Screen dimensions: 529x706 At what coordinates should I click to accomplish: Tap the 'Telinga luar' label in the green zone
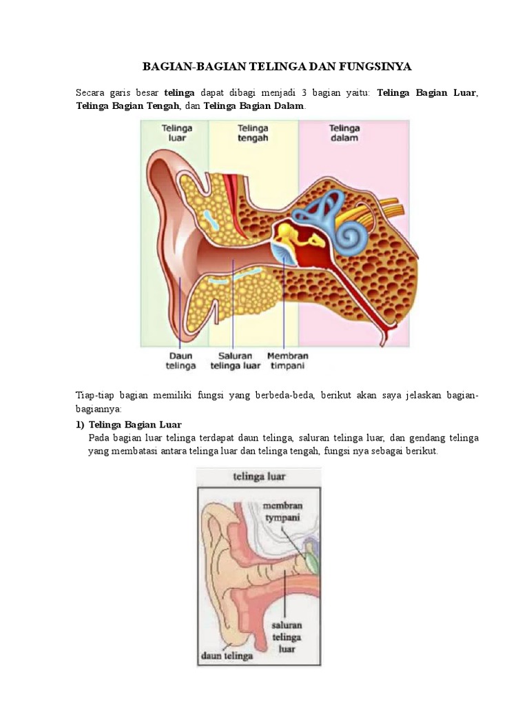177,132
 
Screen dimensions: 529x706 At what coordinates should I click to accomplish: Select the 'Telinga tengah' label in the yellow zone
253,132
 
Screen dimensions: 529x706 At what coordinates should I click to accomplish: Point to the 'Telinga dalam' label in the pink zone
344,132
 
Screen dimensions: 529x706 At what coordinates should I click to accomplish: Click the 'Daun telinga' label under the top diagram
181,361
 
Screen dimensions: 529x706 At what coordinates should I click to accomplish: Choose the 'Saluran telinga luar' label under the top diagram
235,361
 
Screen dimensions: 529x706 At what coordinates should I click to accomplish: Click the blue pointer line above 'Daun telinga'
180,310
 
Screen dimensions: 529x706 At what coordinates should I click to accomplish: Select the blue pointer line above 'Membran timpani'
284,303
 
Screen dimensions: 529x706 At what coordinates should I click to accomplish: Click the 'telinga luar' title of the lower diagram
258,476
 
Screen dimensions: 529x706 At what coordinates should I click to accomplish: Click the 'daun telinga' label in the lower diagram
227,656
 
